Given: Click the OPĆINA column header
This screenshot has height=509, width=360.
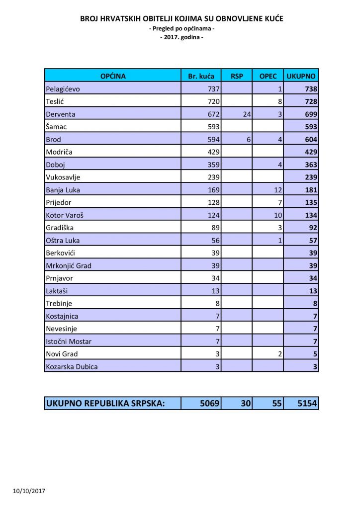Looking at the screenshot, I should coord(113,76).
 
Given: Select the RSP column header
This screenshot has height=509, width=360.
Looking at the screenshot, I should coord(237,76).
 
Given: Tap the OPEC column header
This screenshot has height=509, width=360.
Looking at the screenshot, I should coord(268,76).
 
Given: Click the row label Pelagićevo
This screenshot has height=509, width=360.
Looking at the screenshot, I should coord(63,89).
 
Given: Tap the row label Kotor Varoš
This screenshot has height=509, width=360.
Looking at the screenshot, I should coord(64,215).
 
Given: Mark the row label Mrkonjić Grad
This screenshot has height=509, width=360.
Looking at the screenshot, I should coord(68,265).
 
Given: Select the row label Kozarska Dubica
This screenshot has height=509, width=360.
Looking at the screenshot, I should coord(72,366).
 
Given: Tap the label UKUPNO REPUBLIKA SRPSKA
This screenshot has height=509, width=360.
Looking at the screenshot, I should coord(105,404).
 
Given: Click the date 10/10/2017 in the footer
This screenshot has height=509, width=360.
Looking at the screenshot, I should coord(29,491).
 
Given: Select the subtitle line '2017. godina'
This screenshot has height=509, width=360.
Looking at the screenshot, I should coord(181,37).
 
